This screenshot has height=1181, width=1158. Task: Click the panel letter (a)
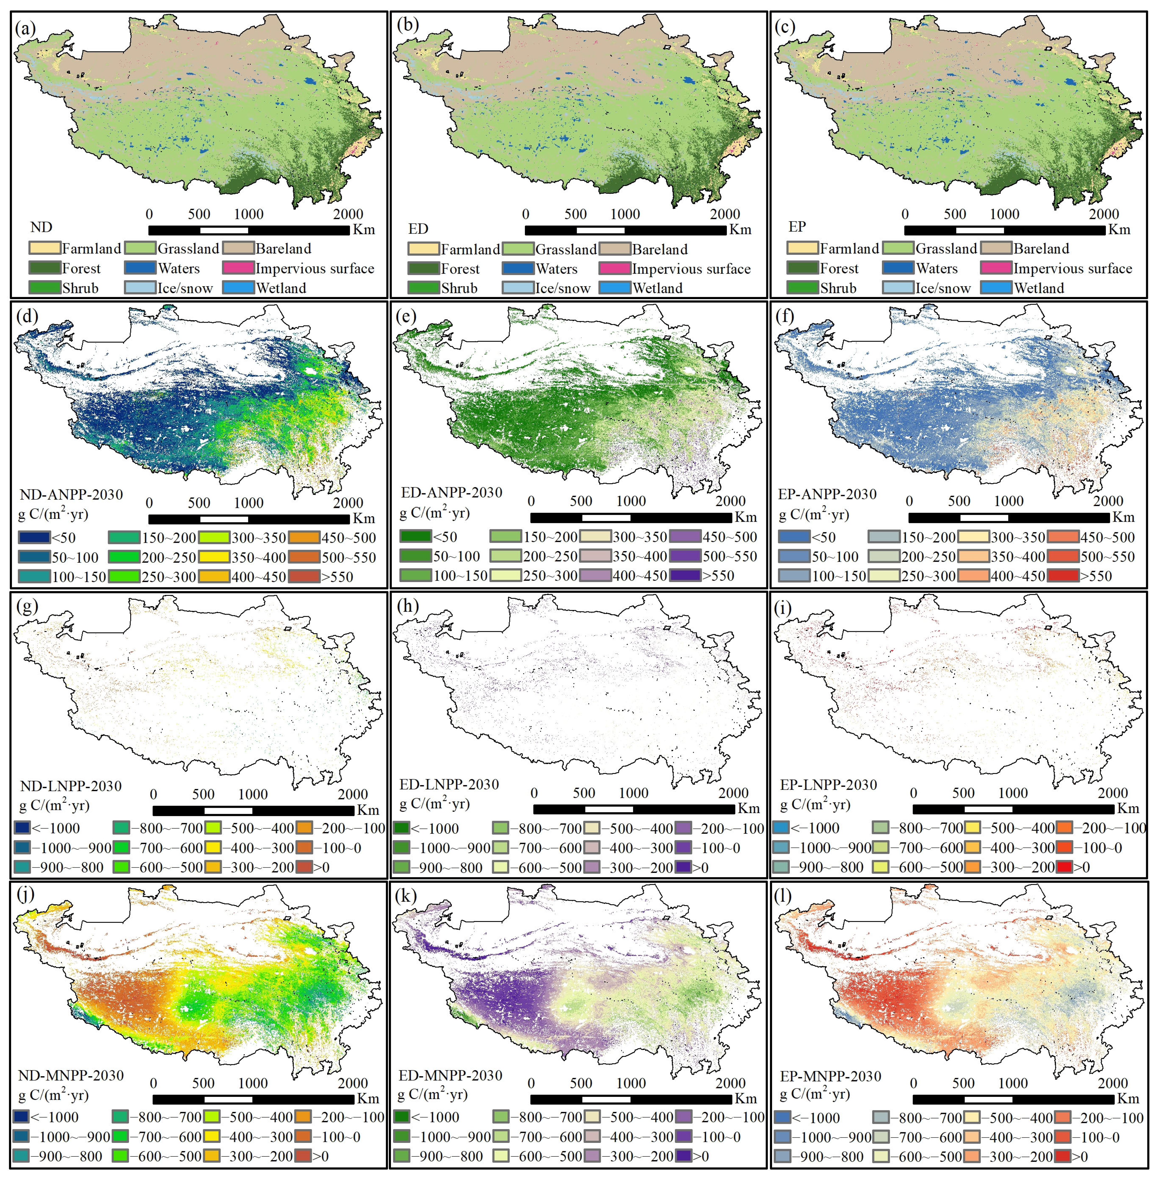pos(27,29)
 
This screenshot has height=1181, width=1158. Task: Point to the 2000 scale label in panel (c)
pos(1104,214)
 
